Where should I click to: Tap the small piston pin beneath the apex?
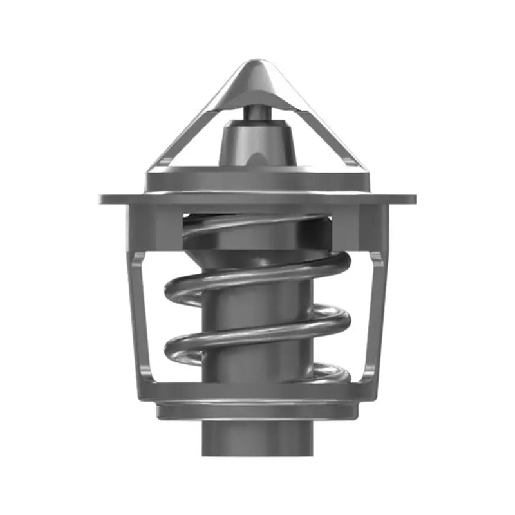tap(257, 112)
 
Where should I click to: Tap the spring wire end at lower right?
tap(338, 372)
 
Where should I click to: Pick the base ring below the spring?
tap(257, 409)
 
